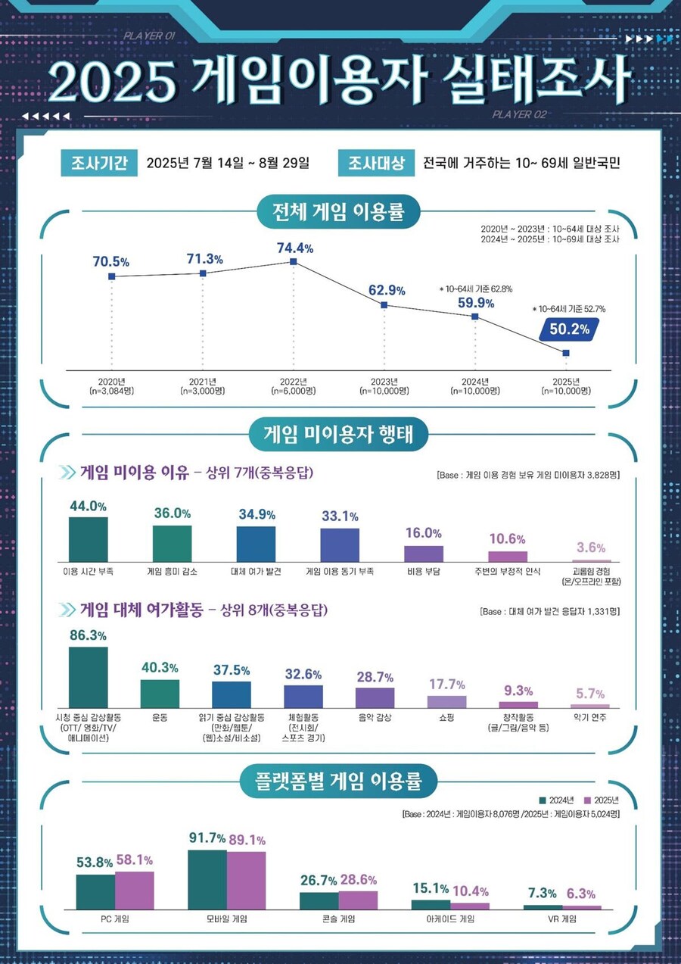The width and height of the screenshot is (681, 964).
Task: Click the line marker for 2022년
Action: [294, 262]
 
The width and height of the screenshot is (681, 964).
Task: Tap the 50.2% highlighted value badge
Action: [568, 329]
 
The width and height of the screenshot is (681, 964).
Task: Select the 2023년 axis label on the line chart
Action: [384, 385]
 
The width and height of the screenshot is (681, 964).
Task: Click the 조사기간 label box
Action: [98, 163]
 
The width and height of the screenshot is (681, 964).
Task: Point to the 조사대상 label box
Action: [376, 163]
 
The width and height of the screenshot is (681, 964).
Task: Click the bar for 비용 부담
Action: [424, 553]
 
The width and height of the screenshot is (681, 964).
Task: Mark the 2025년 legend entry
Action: [602, 800]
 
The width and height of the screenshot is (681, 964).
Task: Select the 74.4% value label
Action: [294, 248]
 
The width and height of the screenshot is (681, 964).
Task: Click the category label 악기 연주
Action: [590, 716]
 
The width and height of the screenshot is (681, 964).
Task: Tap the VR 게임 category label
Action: [561, 919]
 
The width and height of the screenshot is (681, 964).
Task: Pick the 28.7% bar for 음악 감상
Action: [375, 697]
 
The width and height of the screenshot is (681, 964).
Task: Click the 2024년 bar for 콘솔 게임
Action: [319, 900]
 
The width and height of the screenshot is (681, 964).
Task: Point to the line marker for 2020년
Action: [112, 276]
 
